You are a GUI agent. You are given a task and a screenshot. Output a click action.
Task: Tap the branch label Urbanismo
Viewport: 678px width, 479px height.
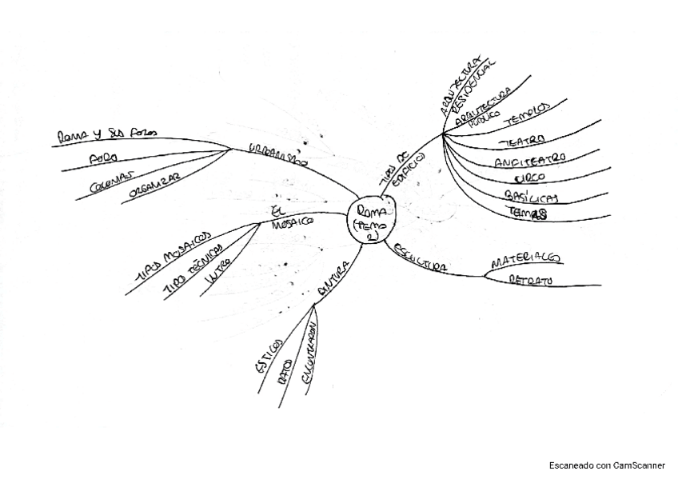click(x=277, y=153)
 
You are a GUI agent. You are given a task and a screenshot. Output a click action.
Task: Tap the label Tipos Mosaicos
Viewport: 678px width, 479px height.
click(x=173, y=256)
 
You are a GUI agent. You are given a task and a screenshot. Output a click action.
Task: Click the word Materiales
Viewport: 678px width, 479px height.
click(x=524, y=260)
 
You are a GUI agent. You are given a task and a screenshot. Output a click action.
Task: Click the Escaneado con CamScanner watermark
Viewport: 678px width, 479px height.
click(x=607, y=465)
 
